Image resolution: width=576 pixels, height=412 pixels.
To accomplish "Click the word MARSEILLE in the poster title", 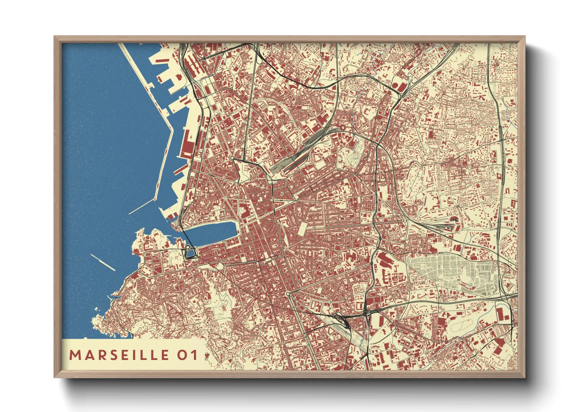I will pyautogui.click(x=119, y=355).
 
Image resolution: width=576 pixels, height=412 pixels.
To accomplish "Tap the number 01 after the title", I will pyautogui.click(x=188, y=355).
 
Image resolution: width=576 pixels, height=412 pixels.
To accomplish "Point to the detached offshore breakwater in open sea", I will pyautogui.click(x=103, y=262).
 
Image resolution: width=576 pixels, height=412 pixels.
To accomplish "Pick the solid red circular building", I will pyautogui.click(x=396, y=85).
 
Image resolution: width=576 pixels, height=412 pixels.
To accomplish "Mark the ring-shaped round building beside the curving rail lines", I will pyautogui.click(x=341, y=128).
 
